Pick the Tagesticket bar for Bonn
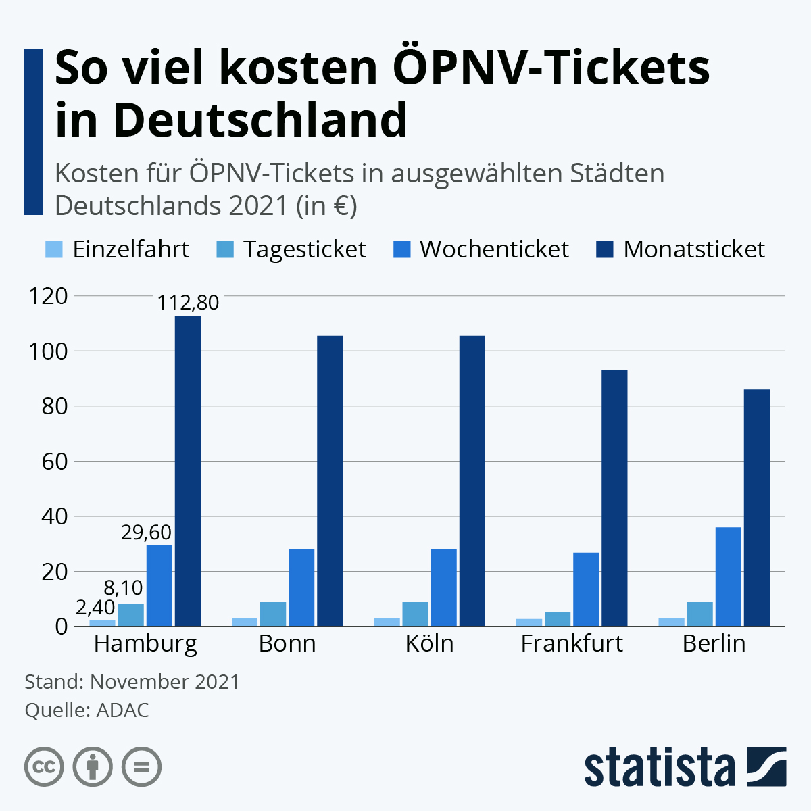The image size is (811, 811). (x=273, y=614)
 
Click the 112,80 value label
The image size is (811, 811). (x=188, y=302)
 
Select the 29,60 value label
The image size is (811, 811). (x=146, y=532)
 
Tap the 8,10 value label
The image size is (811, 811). (x=123, y=587)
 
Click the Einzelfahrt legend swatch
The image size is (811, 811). (x=54, y=249)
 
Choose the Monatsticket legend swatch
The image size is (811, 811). (x=604, y=249)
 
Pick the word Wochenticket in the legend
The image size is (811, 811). (x=494, y=249)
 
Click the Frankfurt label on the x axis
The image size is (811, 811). (x=572, y=643)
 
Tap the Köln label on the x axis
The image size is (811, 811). (x=429, y=643)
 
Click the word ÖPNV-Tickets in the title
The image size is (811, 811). (x=551, y=68)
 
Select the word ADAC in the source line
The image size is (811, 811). (x=122, y=710)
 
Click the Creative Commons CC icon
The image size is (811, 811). (x=44, y=767)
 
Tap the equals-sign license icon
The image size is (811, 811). (x=141, y=767)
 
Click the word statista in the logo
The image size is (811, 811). (x=659, y=767)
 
